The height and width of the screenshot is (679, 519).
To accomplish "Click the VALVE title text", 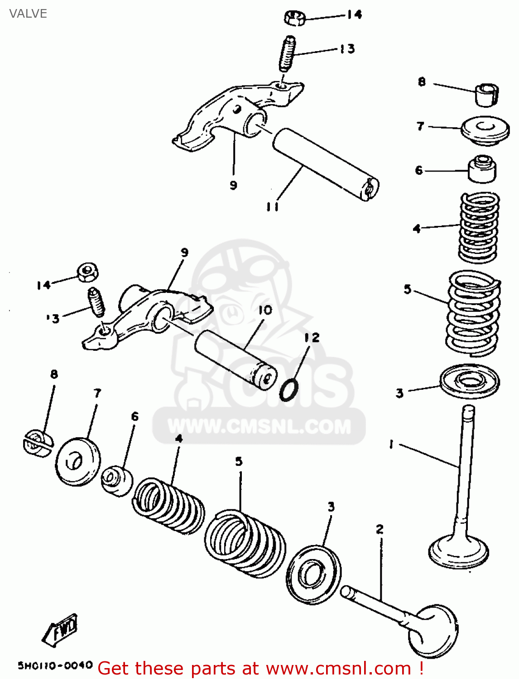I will point(28,14).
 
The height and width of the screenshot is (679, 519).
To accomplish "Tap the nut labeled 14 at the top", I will point(295,19).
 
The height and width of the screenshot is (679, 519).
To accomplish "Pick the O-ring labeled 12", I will point(289,390).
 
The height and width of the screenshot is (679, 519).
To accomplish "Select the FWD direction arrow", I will point(61,630).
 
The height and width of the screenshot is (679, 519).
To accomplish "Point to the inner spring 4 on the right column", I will point(479,227).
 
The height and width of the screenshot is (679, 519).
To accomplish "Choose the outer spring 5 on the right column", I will point(474,312).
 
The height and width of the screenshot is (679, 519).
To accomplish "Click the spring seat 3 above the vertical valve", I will point(470,381).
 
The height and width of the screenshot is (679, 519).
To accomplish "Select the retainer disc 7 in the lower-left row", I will point(77,461).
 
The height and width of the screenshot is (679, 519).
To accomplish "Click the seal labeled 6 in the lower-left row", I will point(116,480).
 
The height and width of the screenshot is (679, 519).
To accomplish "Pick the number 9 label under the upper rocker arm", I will point(233,185).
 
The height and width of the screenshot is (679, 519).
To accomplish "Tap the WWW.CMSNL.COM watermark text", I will point(259,426).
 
